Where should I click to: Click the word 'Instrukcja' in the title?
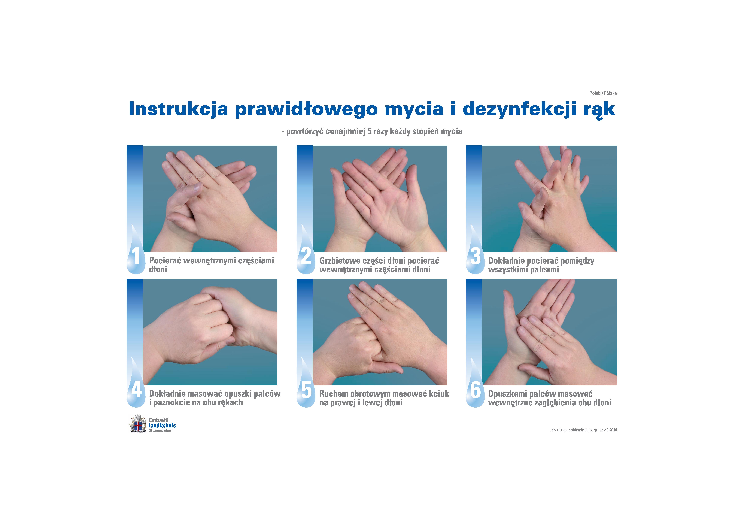178,109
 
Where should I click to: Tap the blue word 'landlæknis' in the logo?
162,425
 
